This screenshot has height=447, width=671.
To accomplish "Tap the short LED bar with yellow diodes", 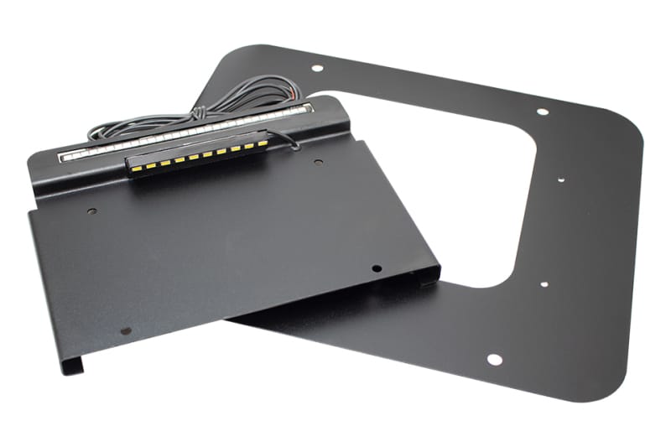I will [x=196, y=151].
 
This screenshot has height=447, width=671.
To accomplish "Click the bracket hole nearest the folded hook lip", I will [x=126, y=330].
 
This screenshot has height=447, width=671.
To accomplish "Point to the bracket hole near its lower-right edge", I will [x=377, y=268].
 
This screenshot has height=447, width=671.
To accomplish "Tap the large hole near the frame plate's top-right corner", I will [x=543, y=111].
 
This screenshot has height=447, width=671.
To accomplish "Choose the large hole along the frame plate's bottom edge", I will [x=494, y=359].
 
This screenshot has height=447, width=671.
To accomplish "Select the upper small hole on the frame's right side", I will [x=559, y=178].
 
